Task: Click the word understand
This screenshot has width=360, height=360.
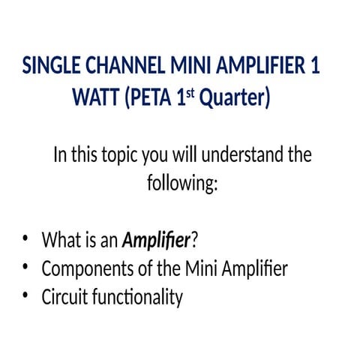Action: pyautogui.click(x=245, y=156)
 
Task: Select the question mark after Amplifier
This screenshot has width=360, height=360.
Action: pyautogui.click(x=196, y=241)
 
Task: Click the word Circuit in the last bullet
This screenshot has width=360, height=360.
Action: pyautogui.click(x=64, y=297)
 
